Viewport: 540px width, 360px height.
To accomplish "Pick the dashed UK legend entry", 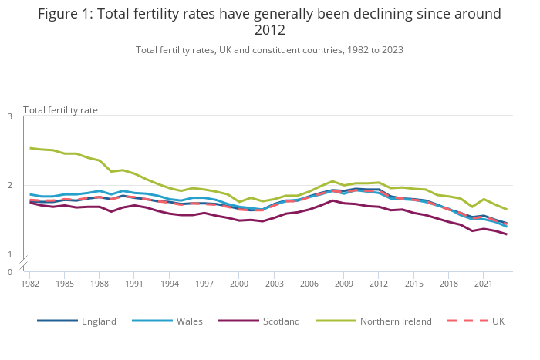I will click(482, 321).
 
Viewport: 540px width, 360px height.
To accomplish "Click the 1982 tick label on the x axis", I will click(30, 284).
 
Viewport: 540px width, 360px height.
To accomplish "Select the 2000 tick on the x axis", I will click(239, 284).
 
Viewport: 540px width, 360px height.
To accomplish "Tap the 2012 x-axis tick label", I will click(378, 284).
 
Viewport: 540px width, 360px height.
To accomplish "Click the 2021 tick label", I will click(483, 284).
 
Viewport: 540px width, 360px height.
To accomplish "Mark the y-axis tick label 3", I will click(10, 116).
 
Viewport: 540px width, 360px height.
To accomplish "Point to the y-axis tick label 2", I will click(10, 185).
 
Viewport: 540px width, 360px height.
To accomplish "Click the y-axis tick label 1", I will click(10, 254).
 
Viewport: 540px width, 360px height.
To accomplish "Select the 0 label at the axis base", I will click(10, 271).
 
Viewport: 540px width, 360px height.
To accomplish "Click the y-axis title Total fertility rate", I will click(60, 109).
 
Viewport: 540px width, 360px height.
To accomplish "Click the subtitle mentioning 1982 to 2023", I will click(269, 50).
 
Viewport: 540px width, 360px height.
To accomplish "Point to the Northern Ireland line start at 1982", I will click(30, 148).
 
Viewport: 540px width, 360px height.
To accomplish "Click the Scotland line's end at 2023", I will click(506, 234).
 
